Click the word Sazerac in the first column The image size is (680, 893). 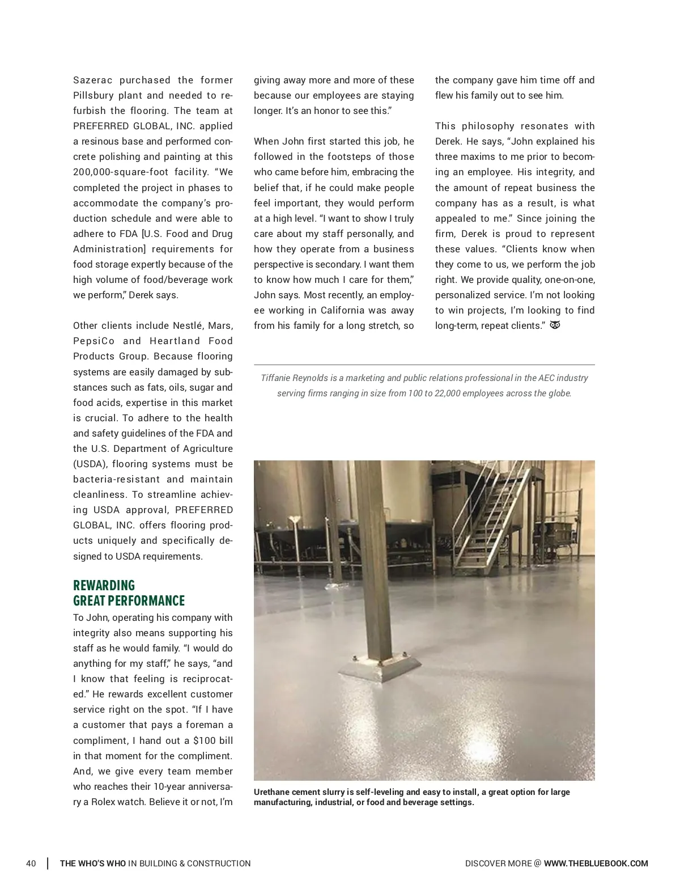click(93, 80)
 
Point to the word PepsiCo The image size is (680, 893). click(93, 341)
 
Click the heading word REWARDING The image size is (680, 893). click(104, 585)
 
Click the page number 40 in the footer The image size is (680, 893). click(31, 864)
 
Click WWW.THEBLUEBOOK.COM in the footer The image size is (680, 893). click(596, 864)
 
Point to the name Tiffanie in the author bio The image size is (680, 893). click(277, 378)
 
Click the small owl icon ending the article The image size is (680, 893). click(555, 325)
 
